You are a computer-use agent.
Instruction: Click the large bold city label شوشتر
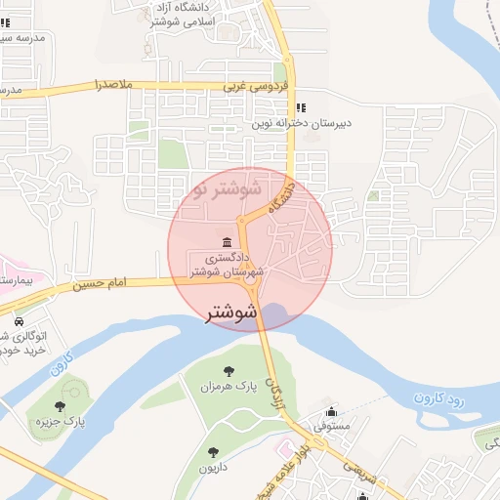pos(231,314)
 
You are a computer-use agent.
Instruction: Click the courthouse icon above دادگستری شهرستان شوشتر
pos(228,241)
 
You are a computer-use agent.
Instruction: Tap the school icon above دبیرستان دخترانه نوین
pos(302,106)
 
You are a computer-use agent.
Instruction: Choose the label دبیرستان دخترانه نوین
pos(302,124)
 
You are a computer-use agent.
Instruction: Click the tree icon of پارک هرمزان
pos(229,371)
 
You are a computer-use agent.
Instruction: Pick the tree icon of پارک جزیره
pos(61,406)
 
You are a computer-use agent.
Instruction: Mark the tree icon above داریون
pos(214,452)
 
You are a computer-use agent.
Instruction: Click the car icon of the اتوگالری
pos(19,320)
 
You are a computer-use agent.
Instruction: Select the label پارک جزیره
pos(61,423)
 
